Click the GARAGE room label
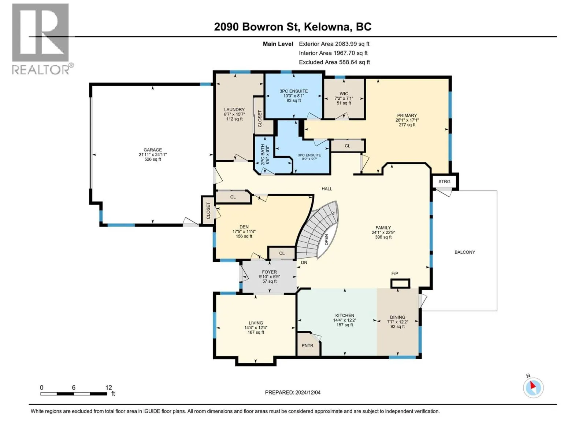coord(152,150)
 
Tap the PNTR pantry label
coord(307,345)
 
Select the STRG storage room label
coord(444,181)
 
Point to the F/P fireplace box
coord(400,283)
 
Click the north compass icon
coord(533,388)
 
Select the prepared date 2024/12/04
coord(308,392)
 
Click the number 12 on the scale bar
coord(108,387)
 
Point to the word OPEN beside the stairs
coord(326,240)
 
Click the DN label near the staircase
coord(304,262)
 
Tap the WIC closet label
coord(344,94)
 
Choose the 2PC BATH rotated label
coord(263,154)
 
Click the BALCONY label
coord(465,252)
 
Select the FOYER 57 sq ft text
coord(269,281)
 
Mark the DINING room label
coord(397,317)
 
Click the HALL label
coord(327,188)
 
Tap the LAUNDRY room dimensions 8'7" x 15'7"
coord(234,114)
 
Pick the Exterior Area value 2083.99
coord(346,44)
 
